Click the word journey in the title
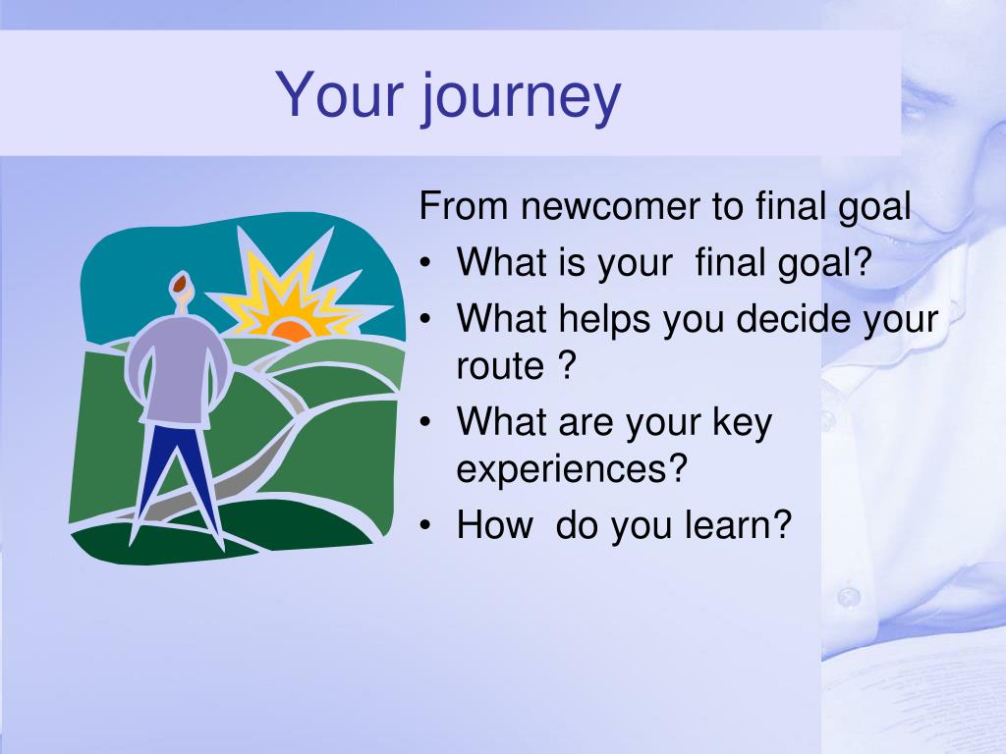(x=521, y=96)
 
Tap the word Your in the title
(x=340, y=94)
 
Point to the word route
(x=500, y=367)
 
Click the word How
(x=494, y=524)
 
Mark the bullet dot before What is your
(x=424, y=263)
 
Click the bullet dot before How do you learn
(x=424, y=526)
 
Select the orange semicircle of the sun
(x=292, y=330)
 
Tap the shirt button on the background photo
(x=850, y=596)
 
